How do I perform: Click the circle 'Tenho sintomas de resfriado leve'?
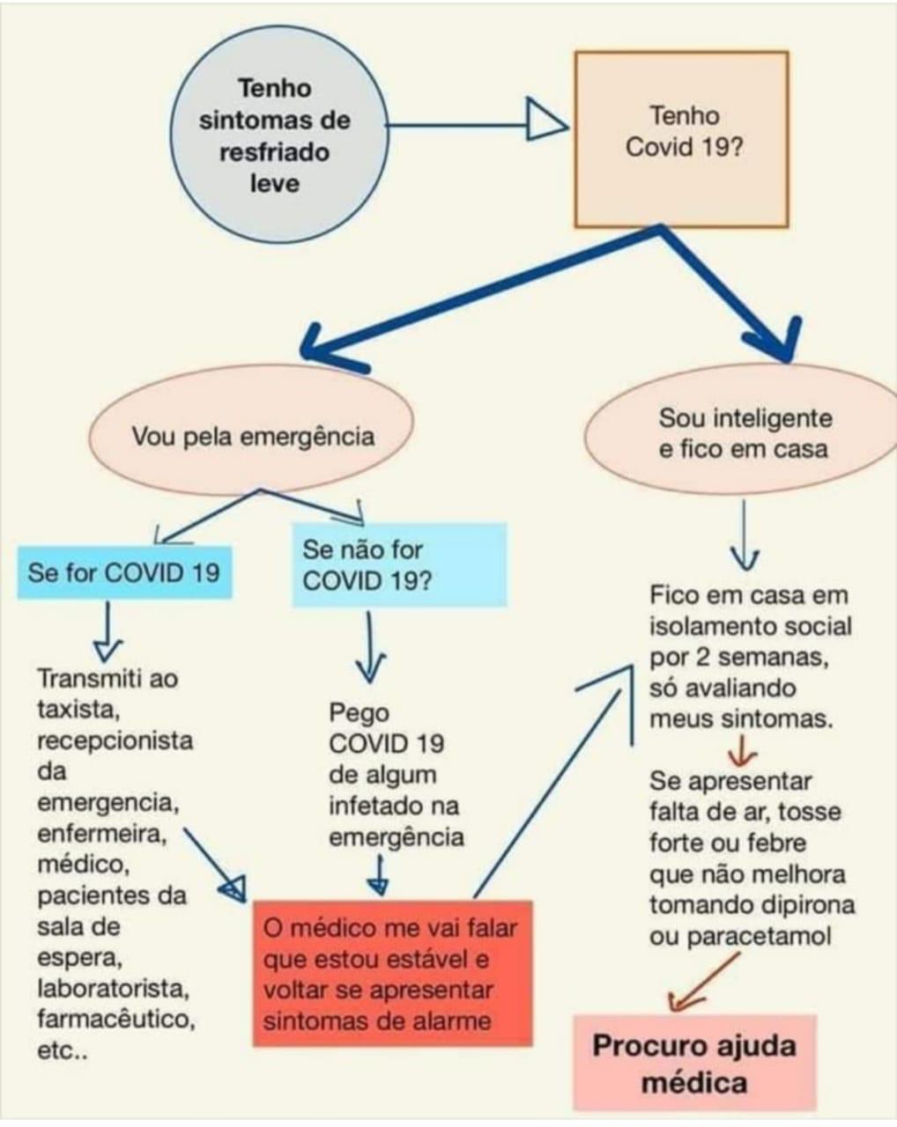click(x=274, y=136)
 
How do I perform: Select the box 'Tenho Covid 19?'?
click(x=681, y=138)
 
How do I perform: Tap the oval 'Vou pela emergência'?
click(x=253, y=436)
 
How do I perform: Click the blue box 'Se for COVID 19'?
click(x=124, y=572)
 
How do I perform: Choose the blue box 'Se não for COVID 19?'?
click(x=399, y=565)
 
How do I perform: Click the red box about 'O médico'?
click(x=392, y=974)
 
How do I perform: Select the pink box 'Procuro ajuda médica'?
click(x=694, y=1063)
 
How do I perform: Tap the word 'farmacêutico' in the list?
click(x=115, y=1020)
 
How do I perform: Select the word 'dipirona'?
click(x=812, y=905)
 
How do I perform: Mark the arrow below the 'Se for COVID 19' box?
click(x=108, y=632)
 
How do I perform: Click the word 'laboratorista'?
click(x=113, y=989)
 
